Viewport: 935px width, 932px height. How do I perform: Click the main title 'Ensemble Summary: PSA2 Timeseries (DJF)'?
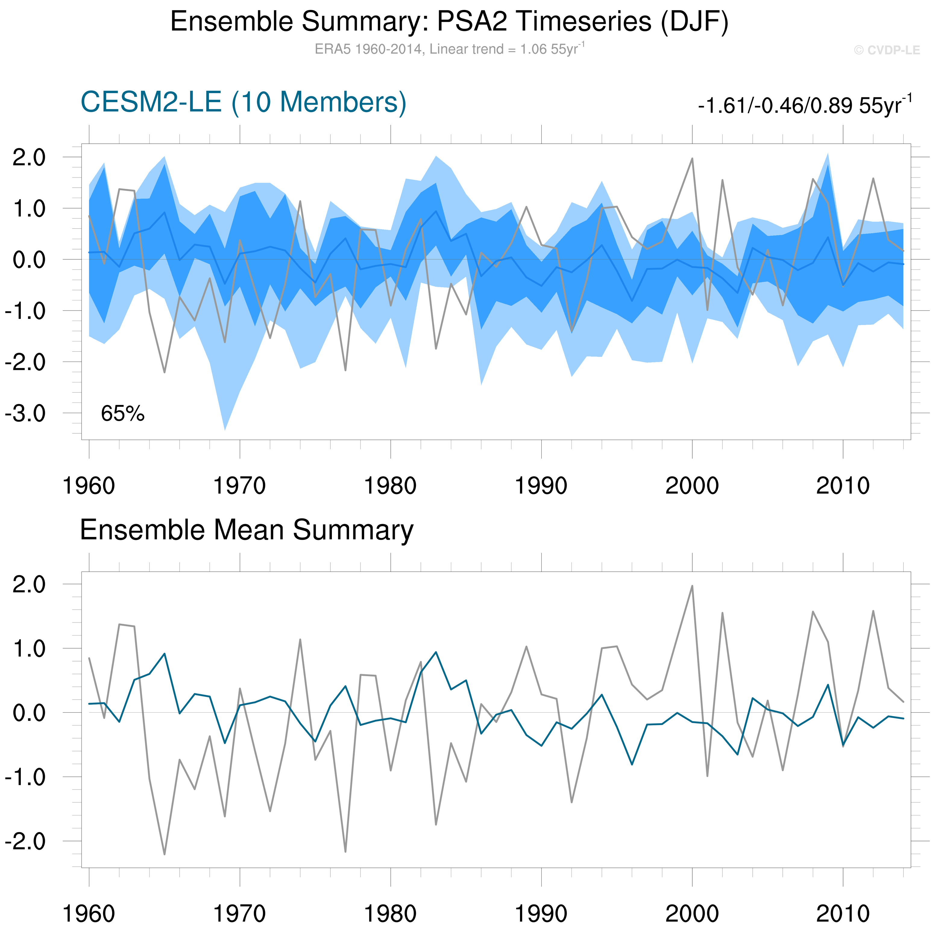tap(449, 22)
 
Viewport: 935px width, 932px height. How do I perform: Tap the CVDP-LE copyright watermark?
tap(886, 50)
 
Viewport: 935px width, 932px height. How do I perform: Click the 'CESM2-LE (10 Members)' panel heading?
tap(244, 102)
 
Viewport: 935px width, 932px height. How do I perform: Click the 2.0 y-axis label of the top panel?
tap(29, 157)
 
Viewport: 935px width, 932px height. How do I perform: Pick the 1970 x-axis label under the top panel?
tap(240, 486)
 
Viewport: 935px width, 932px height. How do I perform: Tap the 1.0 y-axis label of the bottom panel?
tap(29, 648)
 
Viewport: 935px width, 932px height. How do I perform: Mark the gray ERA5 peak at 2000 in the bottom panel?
tap(692, 586)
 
